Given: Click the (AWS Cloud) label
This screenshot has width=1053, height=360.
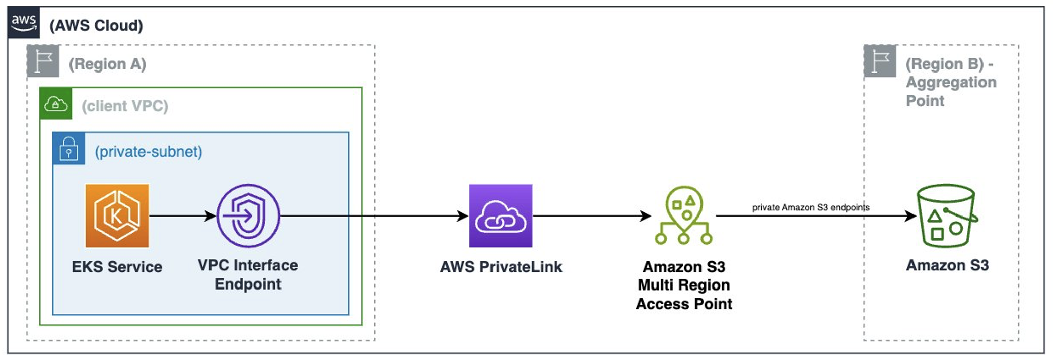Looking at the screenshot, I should point(96,25).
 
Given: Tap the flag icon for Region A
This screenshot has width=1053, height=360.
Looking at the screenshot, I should point(43,61).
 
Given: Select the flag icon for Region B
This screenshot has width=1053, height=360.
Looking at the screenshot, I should point(880,61).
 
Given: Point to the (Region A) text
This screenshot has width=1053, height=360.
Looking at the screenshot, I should point(107,64).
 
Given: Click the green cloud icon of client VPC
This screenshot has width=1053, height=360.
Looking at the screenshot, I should point(56,104).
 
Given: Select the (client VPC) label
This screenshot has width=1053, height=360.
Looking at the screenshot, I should point(125,106).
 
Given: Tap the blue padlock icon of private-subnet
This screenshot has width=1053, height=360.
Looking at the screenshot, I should point(69,149).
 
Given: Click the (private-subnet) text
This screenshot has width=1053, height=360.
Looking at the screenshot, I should point(149,152).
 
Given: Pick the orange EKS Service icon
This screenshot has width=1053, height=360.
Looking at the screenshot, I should point(117,215).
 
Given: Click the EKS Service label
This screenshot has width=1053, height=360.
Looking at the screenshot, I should point(117,267).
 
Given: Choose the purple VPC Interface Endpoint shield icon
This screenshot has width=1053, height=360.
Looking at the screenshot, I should point(248,215).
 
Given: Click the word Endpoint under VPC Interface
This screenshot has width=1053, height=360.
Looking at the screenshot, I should point(248,284).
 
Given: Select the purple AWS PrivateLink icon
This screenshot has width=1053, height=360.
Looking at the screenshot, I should point(501,215).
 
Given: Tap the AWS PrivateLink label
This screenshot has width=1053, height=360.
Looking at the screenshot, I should point(501,267).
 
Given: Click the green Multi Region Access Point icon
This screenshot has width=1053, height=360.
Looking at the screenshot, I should point(683,215).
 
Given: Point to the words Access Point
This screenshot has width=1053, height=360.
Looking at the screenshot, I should point(684,304).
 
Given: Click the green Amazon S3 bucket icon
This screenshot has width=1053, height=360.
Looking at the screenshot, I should point(946,215).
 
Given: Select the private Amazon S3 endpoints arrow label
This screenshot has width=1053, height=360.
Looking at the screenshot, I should point(811,207).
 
